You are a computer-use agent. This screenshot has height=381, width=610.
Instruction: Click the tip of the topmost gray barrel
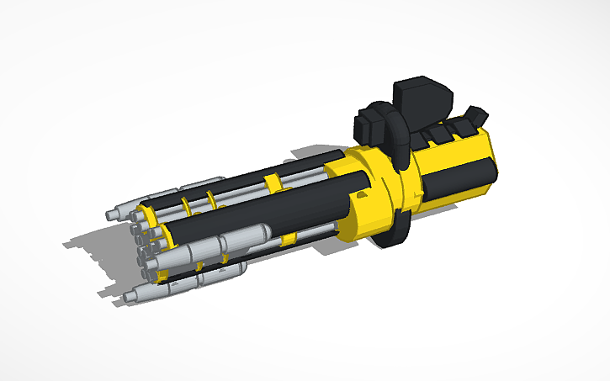[x=111, y=214]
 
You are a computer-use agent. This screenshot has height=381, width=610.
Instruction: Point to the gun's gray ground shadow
[x=93, y=244]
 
